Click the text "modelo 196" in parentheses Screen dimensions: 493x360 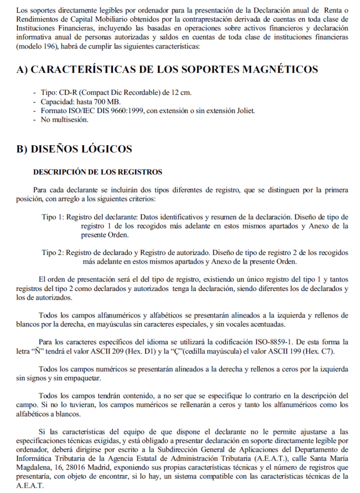(x=37, y=47)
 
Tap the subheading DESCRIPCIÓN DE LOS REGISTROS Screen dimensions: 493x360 (x=98, y=172)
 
